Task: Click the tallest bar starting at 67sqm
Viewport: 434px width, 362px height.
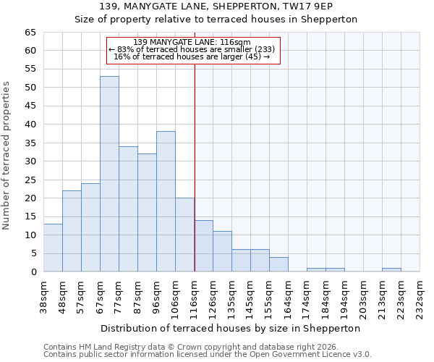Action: tap(109, 174)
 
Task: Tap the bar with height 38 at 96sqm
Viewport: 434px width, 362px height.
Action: tap(166, 201)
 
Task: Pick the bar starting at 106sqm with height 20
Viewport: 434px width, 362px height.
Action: tap(184, 235)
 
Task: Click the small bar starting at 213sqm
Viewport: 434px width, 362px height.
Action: tap(391, 270)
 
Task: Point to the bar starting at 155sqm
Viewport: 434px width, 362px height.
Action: tap(278, 264)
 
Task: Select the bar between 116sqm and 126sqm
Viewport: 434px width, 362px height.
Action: tap(203, 245)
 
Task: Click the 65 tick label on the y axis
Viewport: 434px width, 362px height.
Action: tap(30, 33)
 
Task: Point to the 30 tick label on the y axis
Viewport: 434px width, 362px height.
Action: tap(30, 161)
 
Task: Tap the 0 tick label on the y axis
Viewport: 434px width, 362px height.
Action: tap(33, 272)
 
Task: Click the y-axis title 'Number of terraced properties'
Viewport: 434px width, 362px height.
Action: tap(7, 155)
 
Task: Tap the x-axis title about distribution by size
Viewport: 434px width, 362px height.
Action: tap(231, 328)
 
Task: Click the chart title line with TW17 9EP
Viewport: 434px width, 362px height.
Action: tap(216, 7)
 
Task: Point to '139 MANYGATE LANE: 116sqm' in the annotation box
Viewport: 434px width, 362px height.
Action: tap(192, 42)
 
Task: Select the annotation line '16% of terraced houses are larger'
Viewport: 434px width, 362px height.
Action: tap(192, 56)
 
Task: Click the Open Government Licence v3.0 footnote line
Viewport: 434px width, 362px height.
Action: tap(208, 354)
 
